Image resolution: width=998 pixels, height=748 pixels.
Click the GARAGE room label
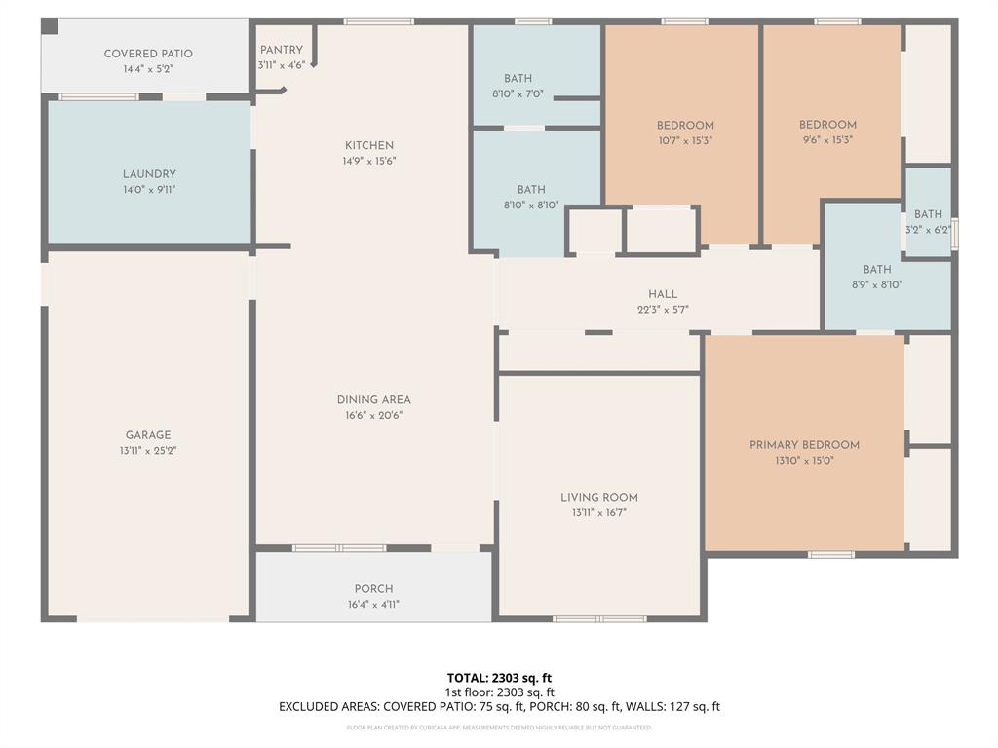click(x=148, y=435)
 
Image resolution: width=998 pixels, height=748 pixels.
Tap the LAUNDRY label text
click(x=149, y=174)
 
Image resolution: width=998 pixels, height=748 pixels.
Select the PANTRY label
click(x=281, y=50)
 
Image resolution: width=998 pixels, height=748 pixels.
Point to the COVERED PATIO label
click(x=148, y=54)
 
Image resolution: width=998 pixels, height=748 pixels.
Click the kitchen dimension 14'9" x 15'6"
click(x=368, y=161)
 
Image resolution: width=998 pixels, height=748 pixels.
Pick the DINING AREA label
click(x=373, y=399)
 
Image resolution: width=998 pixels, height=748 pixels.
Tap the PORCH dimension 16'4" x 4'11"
click(x=373, y=604)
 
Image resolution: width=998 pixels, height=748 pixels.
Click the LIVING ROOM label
click(x=599, y=497)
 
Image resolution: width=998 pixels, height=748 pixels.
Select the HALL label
click(x=663, y=294)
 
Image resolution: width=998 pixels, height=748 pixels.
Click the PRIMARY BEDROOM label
click(x=804, y=445)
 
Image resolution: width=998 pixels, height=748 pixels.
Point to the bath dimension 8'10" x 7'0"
click(x=531, y=94)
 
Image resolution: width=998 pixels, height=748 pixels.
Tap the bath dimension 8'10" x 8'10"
click(x=531, y=205)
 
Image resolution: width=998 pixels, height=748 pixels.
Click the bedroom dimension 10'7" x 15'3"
click(x=685, y=140)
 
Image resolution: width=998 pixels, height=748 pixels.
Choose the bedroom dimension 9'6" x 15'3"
click(x=827, y=140)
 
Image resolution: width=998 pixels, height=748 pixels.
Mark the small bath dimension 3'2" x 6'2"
click(x=928, y=230)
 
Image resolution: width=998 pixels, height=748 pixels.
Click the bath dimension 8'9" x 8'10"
click(x=876, y=285)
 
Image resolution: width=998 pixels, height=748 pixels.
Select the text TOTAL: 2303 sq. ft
click(x=499, y=678)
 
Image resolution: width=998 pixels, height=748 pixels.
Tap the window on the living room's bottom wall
click(x=599, y=618)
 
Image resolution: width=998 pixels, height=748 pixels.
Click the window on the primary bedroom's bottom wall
click(x=831, y=555)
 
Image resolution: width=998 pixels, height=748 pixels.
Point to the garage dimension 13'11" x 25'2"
click(x=148, y=451)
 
